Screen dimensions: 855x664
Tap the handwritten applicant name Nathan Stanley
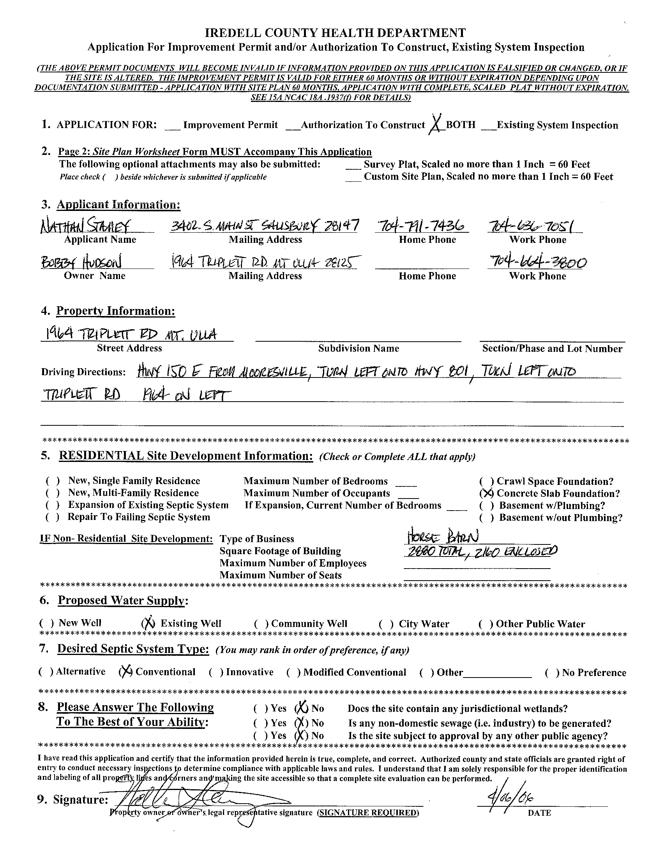coord(85,226)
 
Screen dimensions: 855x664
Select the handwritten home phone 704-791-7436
coord(421,226)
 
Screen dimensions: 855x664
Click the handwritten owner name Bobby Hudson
coord(81,262)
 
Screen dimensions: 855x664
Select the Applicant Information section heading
coord(119,205)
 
